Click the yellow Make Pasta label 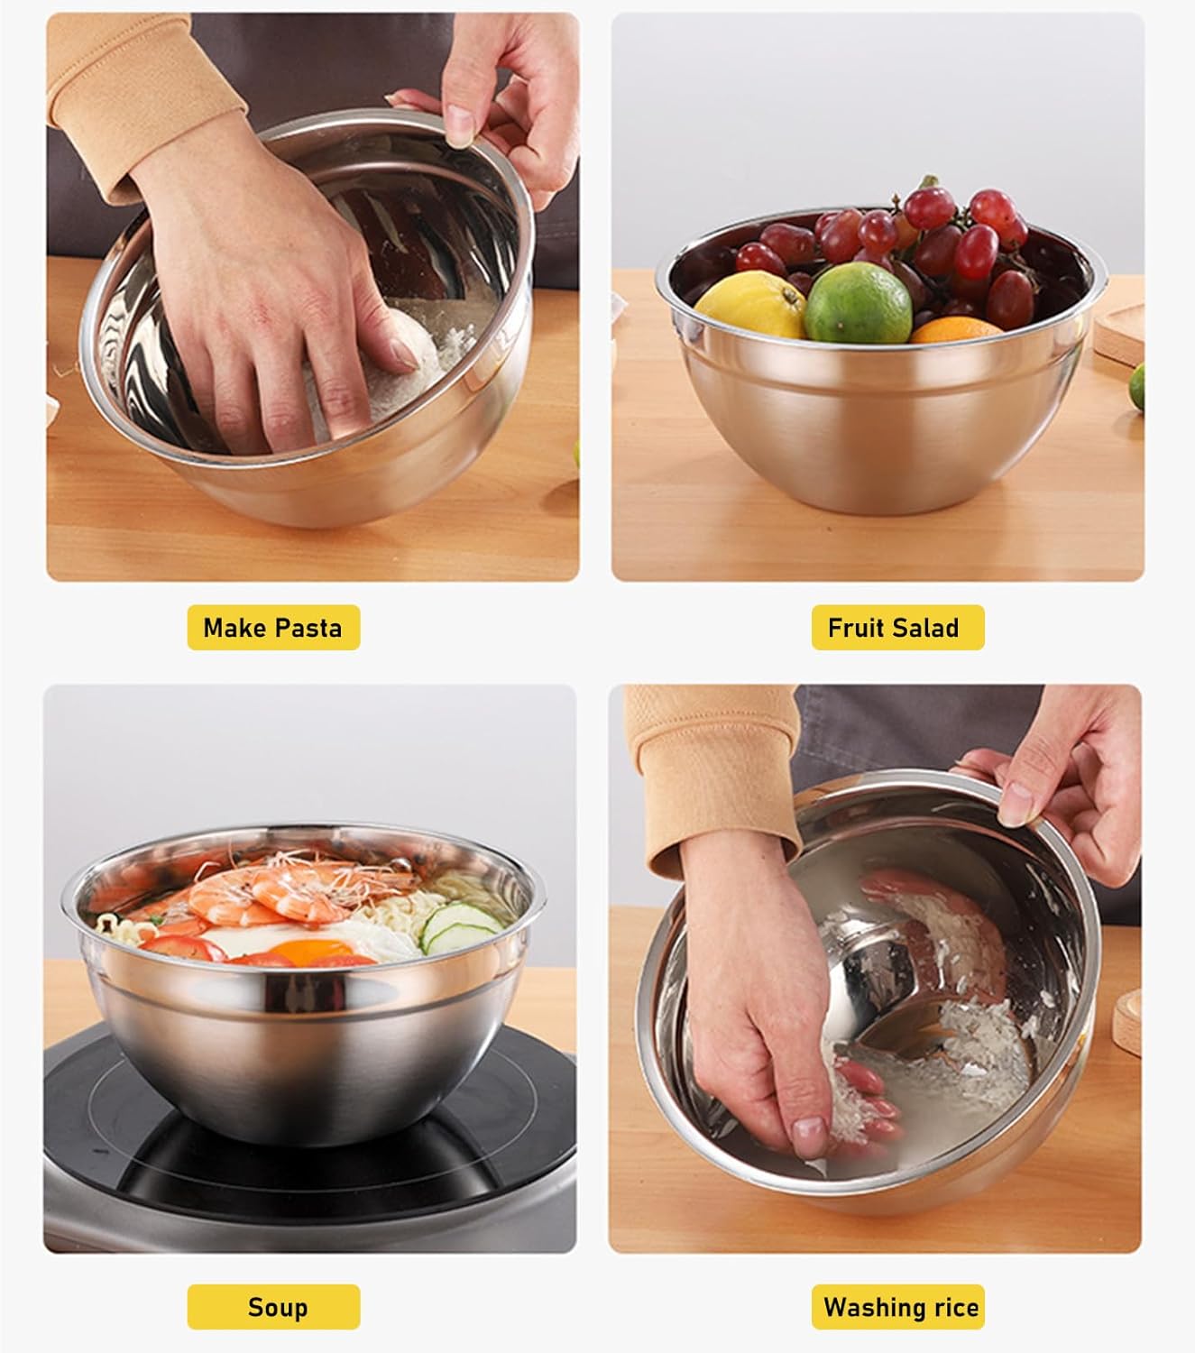tap(272, 628)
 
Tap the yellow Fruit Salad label tap(893, 628)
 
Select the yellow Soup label tap(277, 1307)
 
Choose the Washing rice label tap(900, 1307)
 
